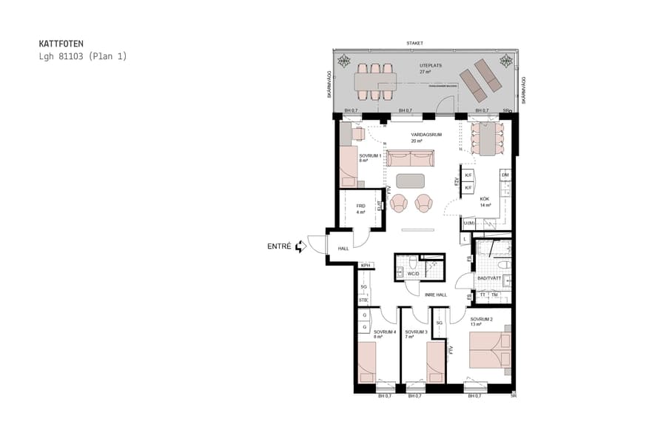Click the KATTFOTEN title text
(61, 44)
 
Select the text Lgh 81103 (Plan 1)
(82, 56)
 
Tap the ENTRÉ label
(280, 246)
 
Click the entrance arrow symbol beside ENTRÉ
(300, 246)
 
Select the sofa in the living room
(410, 158)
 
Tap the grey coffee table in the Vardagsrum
(411, 181)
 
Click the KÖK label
(485, 199)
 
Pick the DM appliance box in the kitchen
(505, 175)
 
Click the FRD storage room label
(361, 206)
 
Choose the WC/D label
(413, 274)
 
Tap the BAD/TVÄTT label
(489, 278)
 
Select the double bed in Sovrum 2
(489, 350)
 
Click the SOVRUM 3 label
(417, 332)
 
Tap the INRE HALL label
(436, 295)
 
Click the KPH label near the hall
(365, 266)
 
